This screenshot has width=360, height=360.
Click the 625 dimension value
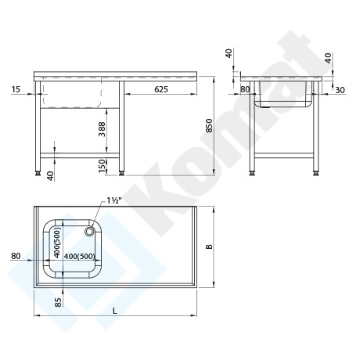click(x=161, y=89)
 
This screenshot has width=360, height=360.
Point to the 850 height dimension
click(x=209, y=125)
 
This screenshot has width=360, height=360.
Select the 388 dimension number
click(x=102, y=129)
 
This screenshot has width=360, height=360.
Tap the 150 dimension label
click(x=102, y=166)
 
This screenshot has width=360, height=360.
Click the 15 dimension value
click(x=16, y=89)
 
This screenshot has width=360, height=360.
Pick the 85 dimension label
click(x=59, y=302)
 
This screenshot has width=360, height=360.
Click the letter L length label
click(x=115, y=311)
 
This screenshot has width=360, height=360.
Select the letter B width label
click(x=209, y=247)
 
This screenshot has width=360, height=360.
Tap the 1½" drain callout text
click(x=114, y=200)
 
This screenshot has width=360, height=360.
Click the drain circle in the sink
click(x=89, y=231)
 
